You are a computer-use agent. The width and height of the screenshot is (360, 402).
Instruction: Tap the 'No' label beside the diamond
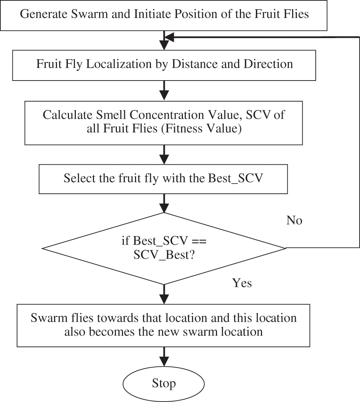coord(294,221)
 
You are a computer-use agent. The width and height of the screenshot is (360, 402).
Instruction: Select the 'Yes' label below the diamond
coord(242,283)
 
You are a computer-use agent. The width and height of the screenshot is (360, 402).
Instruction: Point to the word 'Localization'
coord(119,64)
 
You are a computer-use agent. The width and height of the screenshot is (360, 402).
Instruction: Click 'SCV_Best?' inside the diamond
coord(164,255)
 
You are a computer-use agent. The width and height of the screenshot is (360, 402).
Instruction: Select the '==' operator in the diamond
coord(199,241)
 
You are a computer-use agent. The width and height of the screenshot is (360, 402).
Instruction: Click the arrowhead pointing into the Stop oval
coord(164,362)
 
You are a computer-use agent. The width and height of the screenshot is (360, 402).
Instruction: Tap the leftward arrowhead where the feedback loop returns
coord(169,37)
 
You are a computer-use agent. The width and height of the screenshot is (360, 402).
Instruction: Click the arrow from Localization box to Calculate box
coord(164,90)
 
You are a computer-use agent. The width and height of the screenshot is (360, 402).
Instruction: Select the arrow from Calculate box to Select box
coord(164,155)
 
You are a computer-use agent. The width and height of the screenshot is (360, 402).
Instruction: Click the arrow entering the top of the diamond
coord(164,203)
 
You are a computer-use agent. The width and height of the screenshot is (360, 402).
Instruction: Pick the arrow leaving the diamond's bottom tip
coord(164,294)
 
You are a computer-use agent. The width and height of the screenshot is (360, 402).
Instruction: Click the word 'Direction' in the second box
coord(268,64)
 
